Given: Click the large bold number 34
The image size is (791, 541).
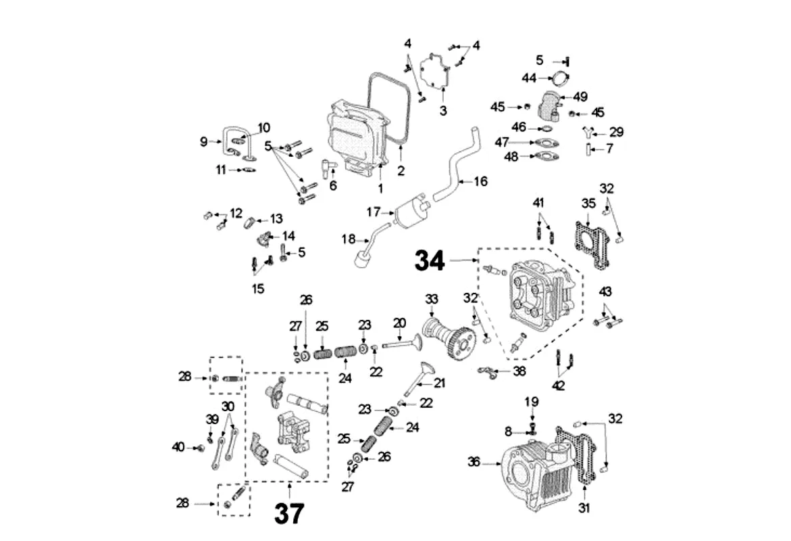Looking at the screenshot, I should [430, 260].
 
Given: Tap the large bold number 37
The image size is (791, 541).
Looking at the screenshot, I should [288, 514].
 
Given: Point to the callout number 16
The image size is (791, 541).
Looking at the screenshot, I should [480, 181].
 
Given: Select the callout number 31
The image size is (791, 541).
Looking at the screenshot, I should [584, 507].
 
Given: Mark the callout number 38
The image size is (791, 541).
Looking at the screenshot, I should [519, 371].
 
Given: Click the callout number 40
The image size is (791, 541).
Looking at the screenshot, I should [178, 446].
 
